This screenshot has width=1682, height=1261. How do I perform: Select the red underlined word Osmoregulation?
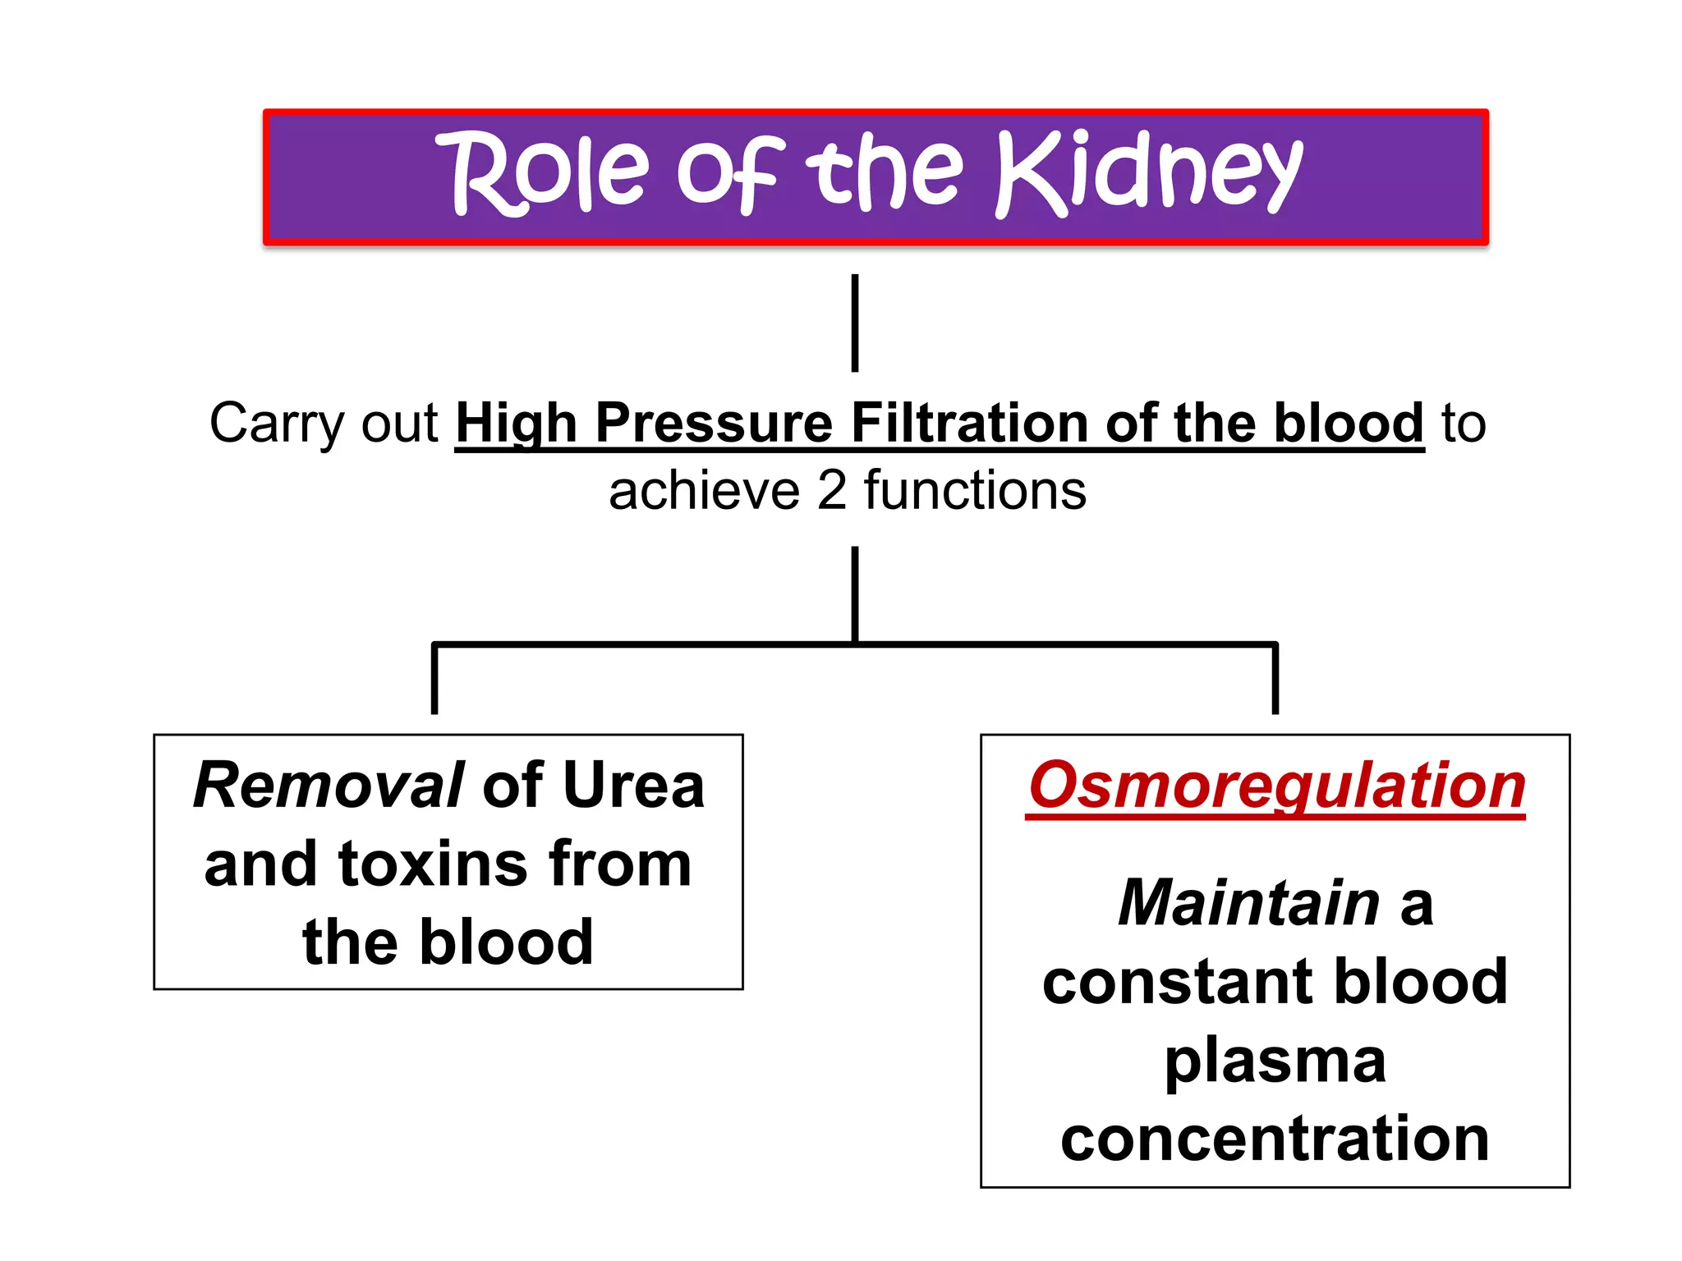[1276, 786]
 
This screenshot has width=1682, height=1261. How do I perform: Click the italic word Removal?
[329, 786]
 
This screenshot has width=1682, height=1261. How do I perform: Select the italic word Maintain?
[1248, 903]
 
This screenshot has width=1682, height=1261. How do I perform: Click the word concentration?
[1275, 1139]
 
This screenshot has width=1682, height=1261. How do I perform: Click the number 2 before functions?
[832, 491]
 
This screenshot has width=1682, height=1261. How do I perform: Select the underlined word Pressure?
[714, 424]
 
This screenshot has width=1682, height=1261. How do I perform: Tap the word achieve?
[704, 491]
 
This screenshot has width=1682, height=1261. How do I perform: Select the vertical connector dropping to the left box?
[434, 680]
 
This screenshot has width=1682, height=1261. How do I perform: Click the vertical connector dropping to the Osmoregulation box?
[1275, 680]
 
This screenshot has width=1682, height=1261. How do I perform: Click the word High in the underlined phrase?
[516, 425]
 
